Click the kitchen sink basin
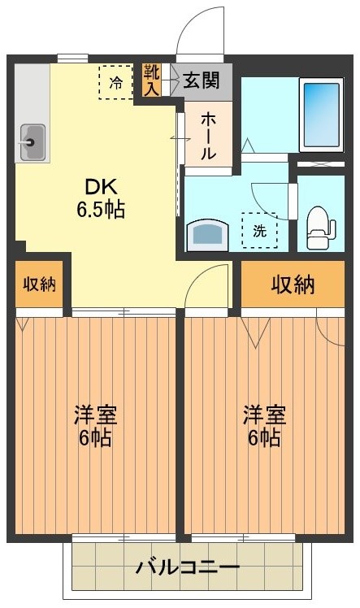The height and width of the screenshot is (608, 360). click(31, 144)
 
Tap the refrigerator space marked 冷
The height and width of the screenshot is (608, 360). click(116, 82)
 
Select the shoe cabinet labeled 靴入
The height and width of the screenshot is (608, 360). click(152, 80)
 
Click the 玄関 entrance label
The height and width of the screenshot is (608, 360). click(201, 80)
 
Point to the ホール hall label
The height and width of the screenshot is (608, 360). click(208, 135)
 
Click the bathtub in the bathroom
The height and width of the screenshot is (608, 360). click(322, 114)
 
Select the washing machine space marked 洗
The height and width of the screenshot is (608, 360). click(259, 230)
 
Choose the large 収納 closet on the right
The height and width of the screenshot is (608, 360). click(293, 285)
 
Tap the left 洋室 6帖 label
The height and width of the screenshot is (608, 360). click(95, 426)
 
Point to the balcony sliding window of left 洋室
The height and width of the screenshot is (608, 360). click(124, 537)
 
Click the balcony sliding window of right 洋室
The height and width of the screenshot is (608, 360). click(245, 537)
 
